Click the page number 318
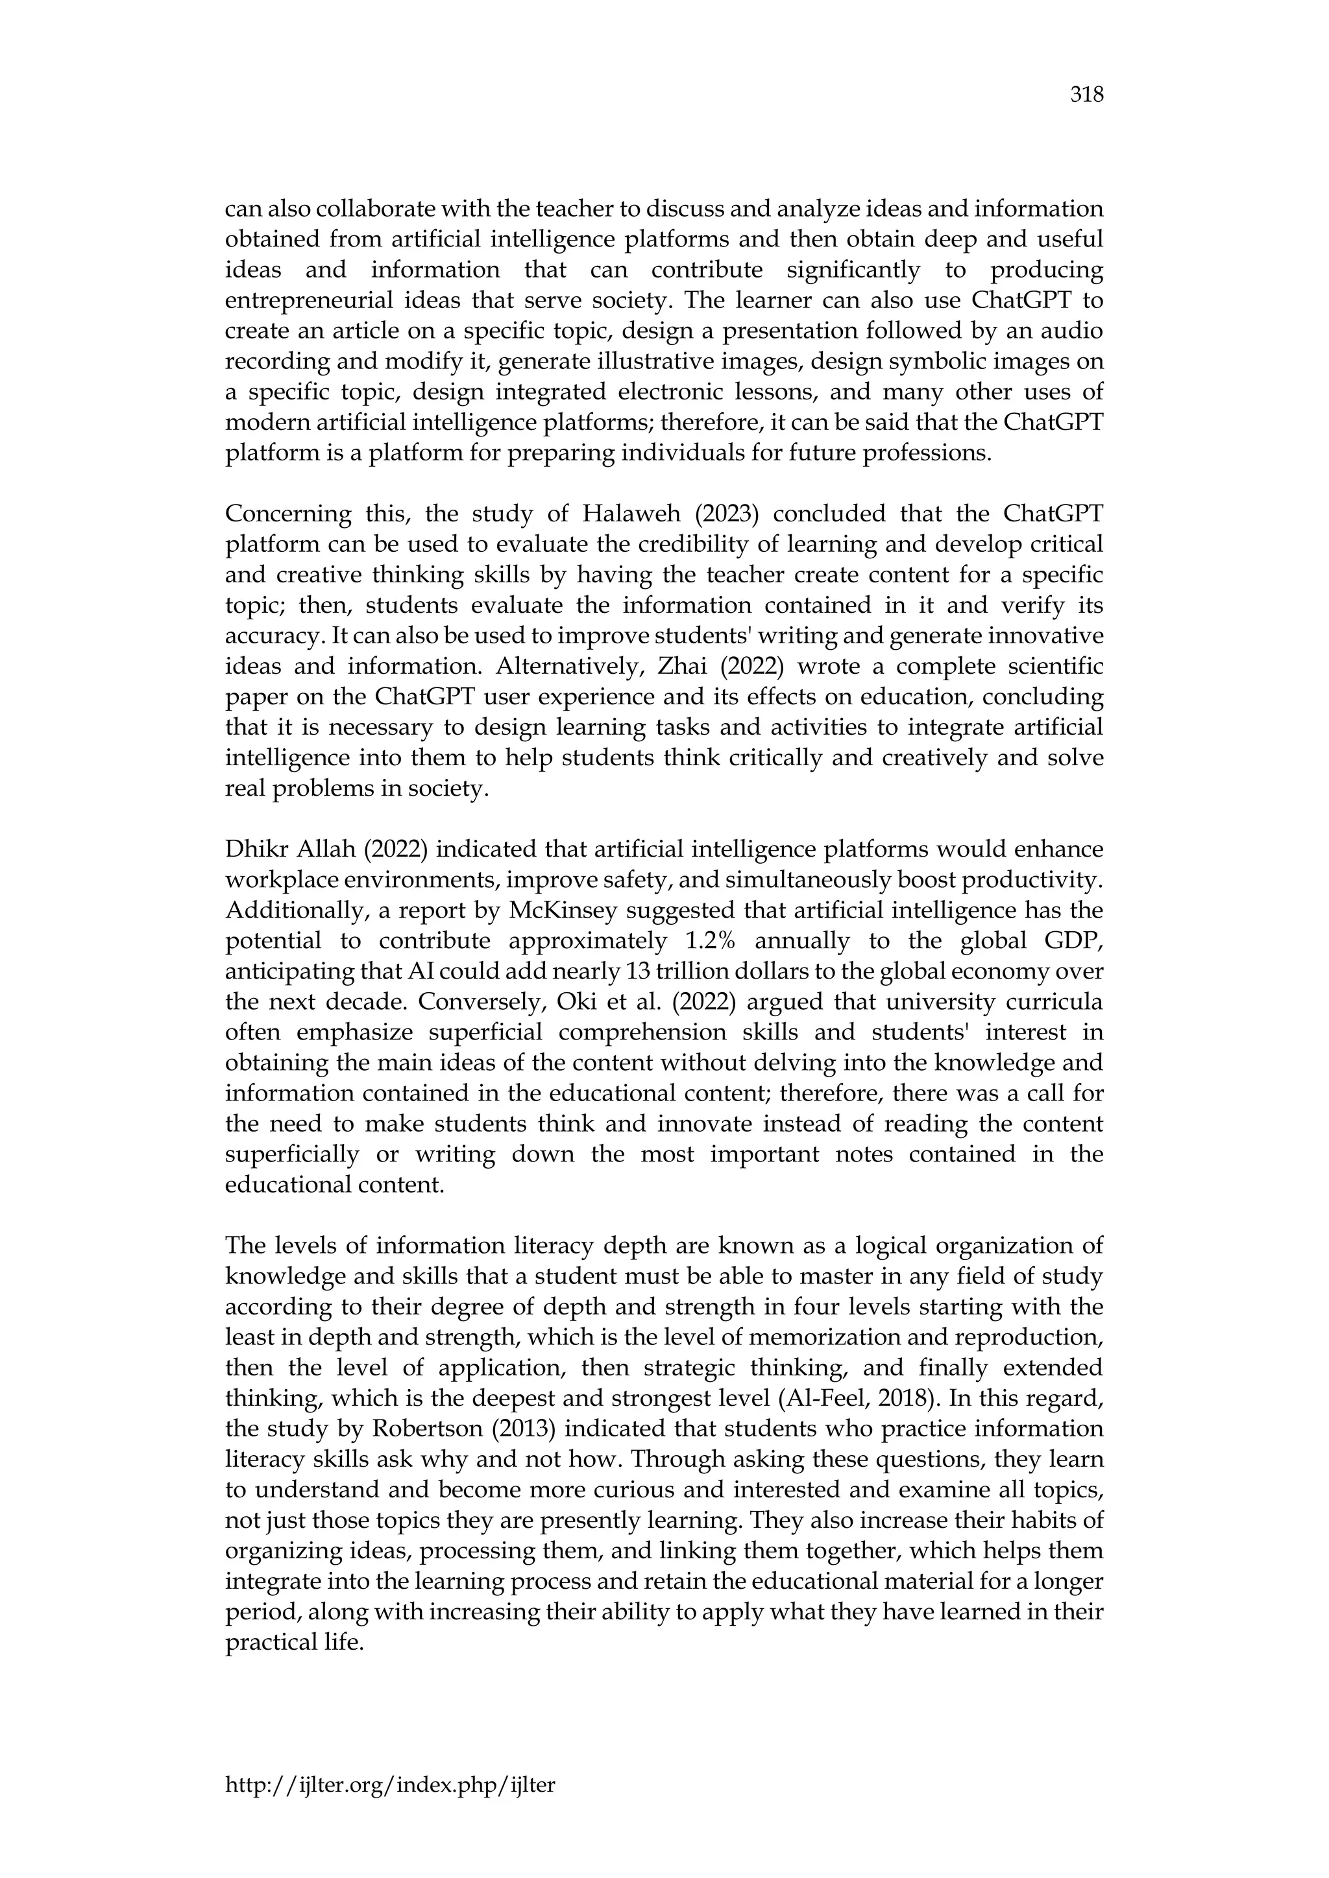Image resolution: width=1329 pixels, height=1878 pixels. [1087, 96]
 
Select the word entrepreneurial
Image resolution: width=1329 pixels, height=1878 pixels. [308, 301]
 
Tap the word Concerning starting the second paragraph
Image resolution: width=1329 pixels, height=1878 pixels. [282, 514]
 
